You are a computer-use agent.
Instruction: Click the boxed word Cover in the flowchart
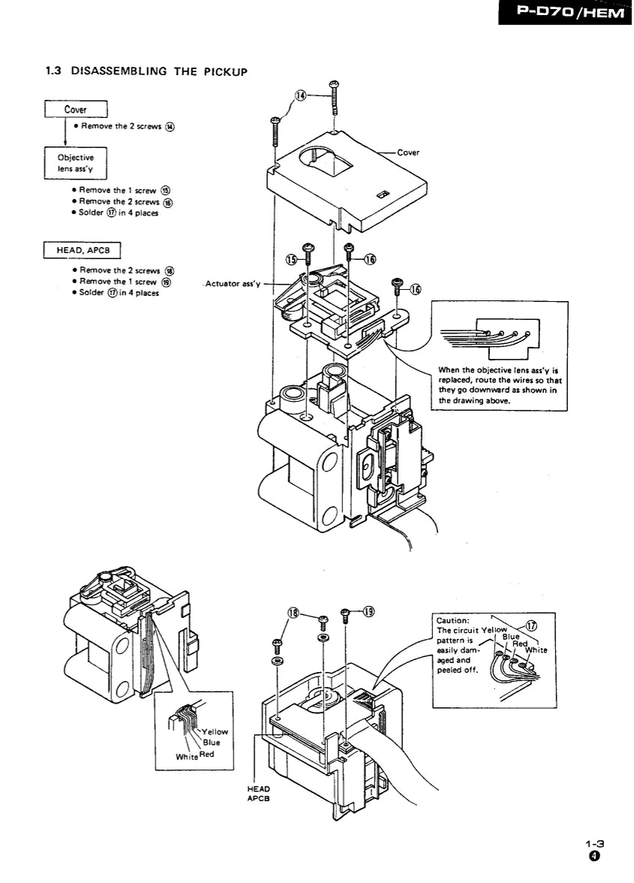pos(75,110)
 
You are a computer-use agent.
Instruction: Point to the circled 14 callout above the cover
pos(300,95)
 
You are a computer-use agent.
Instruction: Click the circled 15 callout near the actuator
pos(292,260)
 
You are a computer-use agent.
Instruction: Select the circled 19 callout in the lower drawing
pos(368,611)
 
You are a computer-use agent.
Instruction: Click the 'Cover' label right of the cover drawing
pos(408,152)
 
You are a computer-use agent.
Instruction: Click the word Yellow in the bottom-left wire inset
pos(215,731)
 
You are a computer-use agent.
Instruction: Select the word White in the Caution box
pos(536,650)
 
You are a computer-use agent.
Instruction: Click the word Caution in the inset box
pos(453,621)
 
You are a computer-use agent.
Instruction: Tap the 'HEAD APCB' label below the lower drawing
pos(258,794)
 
